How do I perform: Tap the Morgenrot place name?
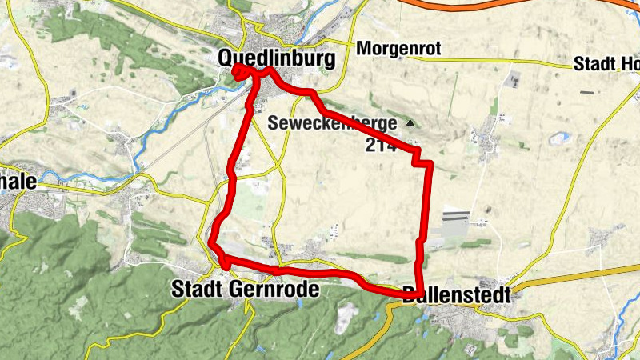399,49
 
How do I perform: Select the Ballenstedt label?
455,294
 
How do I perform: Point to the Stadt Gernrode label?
245,290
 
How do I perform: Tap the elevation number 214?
382,145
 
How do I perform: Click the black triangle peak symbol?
410,122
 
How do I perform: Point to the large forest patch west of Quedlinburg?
104,32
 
